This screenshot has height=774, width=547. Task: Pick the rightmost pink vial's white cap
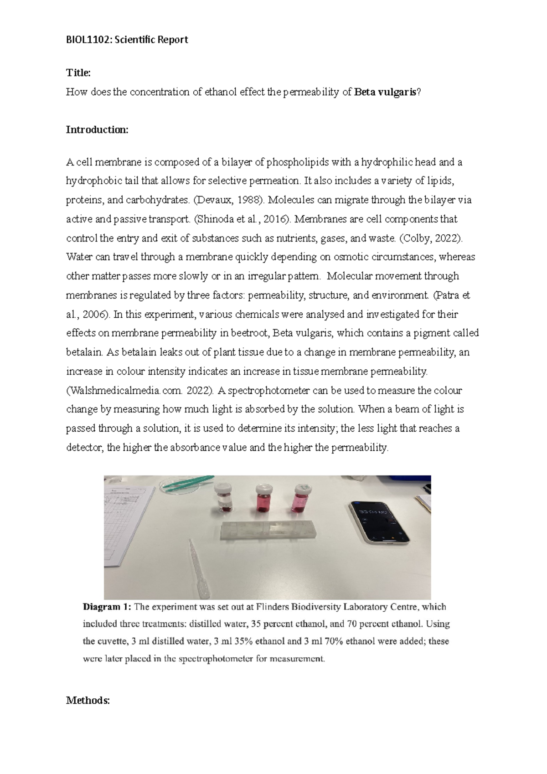point(303,488)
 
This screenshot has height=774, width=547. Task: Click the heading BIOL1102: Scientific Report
point(127,40)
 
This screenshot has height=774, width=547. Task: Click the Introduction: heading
point(98,130)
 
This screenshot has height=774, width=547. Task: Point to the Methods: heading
point(88,700)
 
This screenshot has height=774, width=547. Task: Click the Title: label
point(78,72)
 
